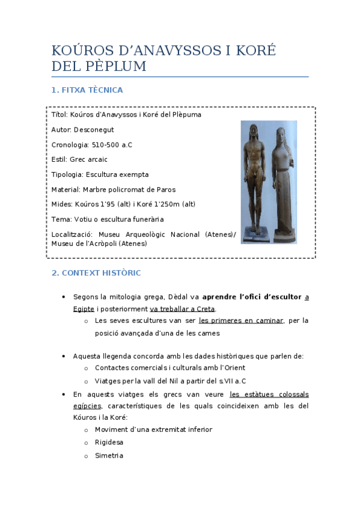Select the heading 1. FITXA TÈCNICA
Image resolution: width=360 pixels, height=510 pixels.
point(87,90)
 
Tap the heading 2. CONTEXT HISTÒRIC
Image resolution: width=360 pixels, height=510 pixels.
point(96,273)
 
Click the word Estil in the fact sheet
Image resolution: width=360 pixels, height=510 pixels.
point(59,159)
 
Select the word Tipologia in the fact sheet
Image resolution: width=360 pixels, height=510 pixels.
point(67,174)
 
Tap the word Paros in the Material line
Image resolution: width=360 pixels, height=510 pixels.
point(165,189)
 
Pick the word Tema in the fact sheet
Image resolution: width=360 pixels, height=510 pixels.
point(61,220)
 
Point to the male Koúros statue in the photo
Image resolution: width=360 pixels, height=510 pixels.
point(255,180)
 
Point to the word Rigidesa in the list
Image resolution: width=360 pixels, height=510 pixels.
point(109,442)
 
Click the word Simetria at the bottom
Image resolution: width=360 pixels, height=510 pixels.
point(109,455)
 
